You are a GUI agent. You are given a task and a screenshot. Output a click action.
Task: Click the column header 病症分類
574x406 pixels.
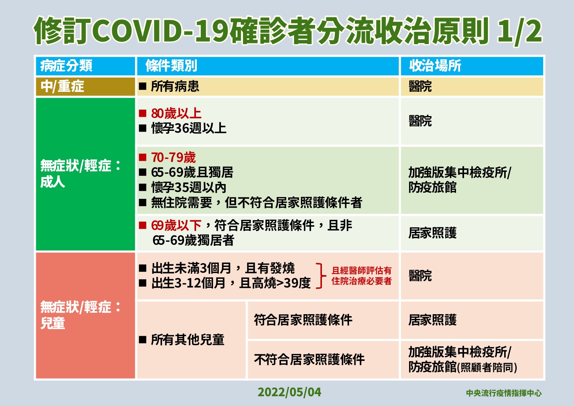pos(66,66)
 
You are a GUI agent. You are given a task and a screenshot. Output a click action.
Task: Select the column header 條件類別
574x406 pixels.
pos(171,66)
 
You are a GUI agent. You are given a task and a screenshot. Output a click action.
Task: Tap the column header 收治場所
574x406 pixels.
pos(435,66)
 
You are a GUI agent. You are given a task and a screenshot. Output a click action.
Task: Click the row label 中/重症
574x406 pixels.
pos(62,86)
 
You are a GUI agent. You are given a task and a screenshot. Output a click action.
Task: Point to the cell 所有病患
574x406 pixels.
pos(175,86)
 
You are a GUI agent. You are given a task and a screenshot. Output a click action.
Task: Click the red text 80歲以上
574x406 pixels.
pos(176,114)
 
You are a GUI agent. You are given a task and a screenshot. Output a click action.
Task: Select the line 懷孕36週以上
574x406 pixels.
pos(188,128)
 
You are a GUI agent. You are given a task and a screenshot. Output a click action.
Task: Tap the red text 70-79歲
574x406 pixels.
pos(173,158)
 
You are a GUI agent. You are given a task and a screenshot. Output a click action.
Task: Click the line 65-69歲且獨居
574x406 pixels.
pos(192,172)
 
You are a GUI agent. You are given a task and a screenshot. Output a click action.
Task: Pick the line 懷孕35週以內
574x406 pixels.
pos(188,187)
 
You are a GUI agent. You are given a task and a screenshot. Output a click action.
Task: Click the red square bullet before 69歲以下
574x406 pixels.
pos(143,226)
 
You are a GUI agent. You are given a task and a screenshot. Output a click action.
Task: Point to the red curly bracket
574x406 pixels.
pos(319,276)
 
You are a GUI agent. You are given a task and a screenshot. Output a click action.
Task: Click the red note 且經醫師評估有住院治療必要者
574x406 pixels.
pos(361,276)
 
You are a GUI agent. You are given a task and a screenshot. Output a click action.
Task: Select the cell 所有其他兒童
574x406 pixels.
pos(187,340)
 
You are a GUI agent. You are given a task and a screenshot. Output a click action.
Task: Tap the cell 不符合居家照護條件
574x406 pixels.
pos(309,360)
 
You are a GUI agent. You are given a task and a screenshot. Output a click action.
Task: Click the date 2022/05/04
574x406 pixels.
pos(289,392)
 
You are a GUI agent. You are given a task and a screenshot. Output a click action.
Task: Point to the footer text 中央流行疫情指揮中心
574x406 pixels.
pos(503,393)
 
